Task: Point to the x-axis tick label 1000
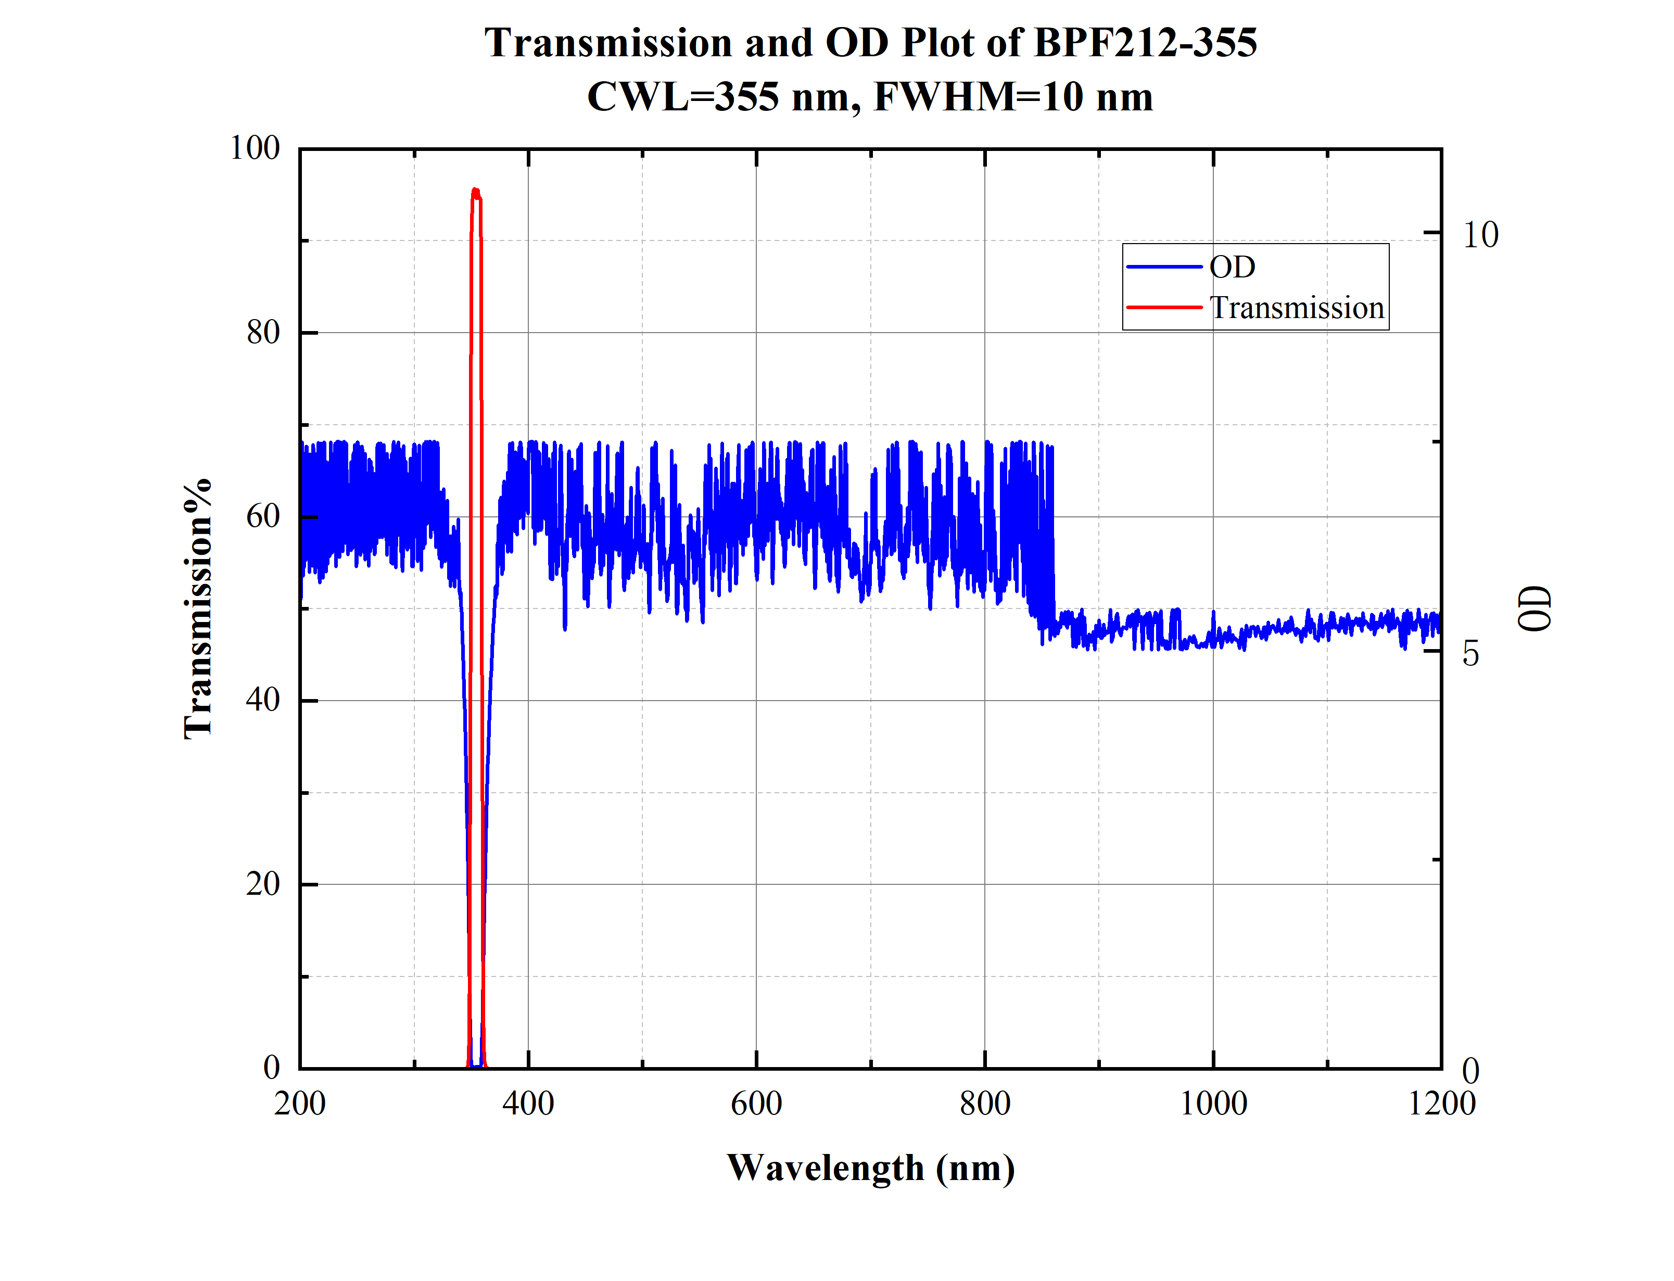click(x=1213, y=1104)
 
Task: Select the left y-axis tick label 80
click(x=263, y=333)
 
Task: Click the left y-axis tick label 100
click(x=255, y=148)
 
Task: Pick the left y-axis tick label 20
click(x=263, y=884)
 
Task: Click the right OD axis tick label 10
click(x=1480, y=235)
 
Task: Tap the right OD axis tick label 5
click(x=1470, y=653)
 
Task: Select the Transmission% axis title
click(x=197, y=609)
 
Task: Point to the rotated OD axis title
click(x=1534, y=608)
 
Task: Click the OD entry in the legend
click(x=1232, y=267)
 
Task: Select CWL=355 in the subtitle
click(x=683, y=97)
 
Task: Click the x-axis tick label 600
click(x=756, y=1104)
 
